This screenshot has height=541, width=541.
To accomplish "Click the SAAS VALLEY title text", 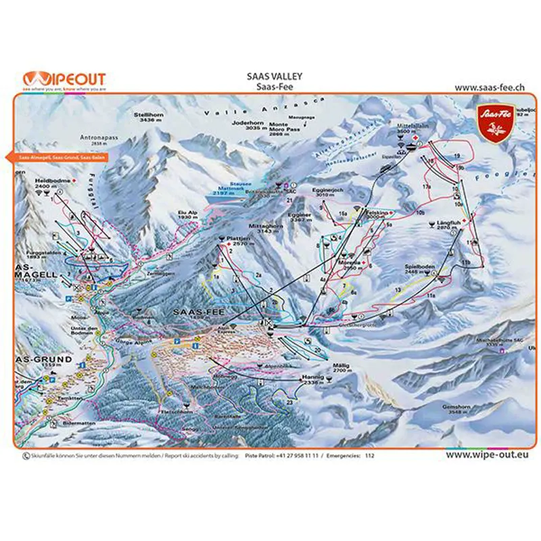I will click(x=274, y=77).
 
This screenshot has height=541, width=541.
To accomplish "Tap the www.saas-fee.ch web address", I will click(x=490, y=87).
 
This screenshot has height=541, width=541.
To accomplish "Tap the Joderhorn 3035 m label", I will click(x=246, y=125).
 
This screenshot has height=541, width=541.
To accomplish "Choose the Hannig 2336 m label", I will click(x=313, y=379).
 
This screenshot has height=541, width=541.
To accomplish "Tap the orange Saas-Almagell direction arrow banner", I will click(x=55, y=157).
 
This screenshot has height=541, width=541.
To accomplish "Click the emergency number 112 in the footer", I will click(x=369, y=456).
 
